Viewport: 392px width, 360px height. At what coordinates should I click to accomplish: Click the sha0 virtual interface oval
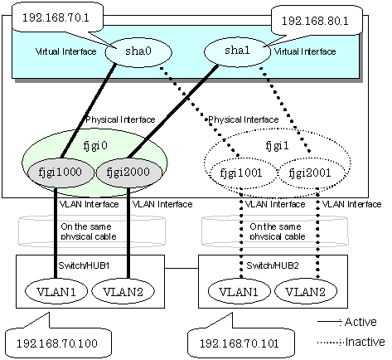(x=138, y=51)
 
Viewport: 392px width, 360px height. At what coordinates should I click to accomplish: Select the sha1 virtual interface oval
(x=237, y=51)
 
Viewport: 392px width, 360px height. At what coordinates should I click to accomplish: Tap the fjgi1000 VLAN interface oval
(x=60, y=173)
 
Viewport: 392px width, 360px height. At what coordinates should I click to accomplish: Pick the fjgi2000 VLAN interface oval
(x=128, y=173)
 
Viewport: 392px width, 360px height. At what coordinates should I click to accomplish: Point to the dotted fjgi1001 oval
(x=241, y=173)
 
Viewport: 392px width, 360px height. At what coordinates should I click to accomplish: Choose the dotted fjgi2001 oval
(x=311, y=173)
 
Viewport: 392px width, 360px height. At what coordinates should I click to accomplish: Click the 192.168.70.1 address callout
(x=57, y=17)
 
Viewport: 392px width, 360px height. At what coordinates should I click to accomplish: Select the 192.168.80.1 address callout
(x=316, y=22)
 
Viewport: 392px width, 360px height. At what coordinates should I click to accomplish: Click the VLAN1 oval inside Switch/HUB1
(x=56, y=292)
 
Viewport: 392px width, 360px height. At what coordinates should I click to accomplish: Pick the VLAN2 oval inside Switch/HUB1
(x=123, y=292)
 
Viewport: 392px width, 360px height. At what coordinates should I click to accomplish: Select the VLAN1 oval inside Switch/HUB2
(x=239, y=292)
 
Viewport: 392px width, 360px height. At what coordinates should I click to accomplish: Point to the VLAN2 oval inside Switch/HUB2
(x=306, y=292)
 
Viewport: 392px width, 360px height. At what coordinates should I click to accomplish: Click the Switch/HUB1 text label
(x=84, y=265)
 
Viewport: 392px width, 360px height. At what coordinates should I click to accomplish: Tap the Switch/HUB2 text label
(x=273, y=265)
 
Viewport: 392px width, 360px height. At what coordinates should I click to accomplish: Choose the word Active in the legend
(x=361, y=322)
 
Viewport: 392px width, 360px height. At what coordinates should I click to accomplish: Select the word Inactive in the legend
(x=365, y=343)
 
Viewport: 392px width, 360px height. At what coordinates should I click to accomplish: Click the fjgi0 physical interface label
(x=95, y=145)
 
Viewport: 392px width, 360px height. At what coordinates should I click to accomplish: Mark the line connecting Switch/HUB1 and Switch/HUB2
(x=181, y=268)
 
